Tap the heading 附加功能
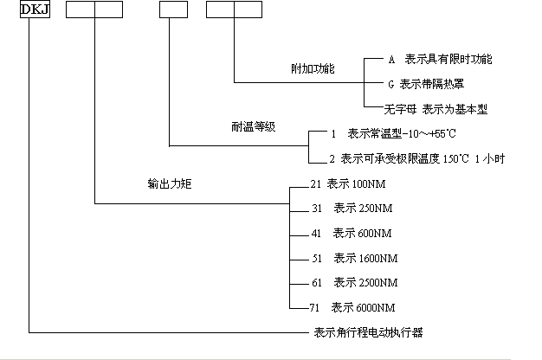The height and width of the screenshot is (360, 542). [313, 67]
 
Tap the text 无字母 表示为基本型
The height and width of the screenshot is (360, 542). [437, 109]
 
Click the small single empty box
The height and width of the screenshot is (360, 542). [172, 11]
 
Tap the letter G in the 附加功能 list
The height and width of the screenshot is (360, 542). [390, 84]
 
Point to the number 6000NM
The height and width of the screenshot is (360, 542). [377, 307]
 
